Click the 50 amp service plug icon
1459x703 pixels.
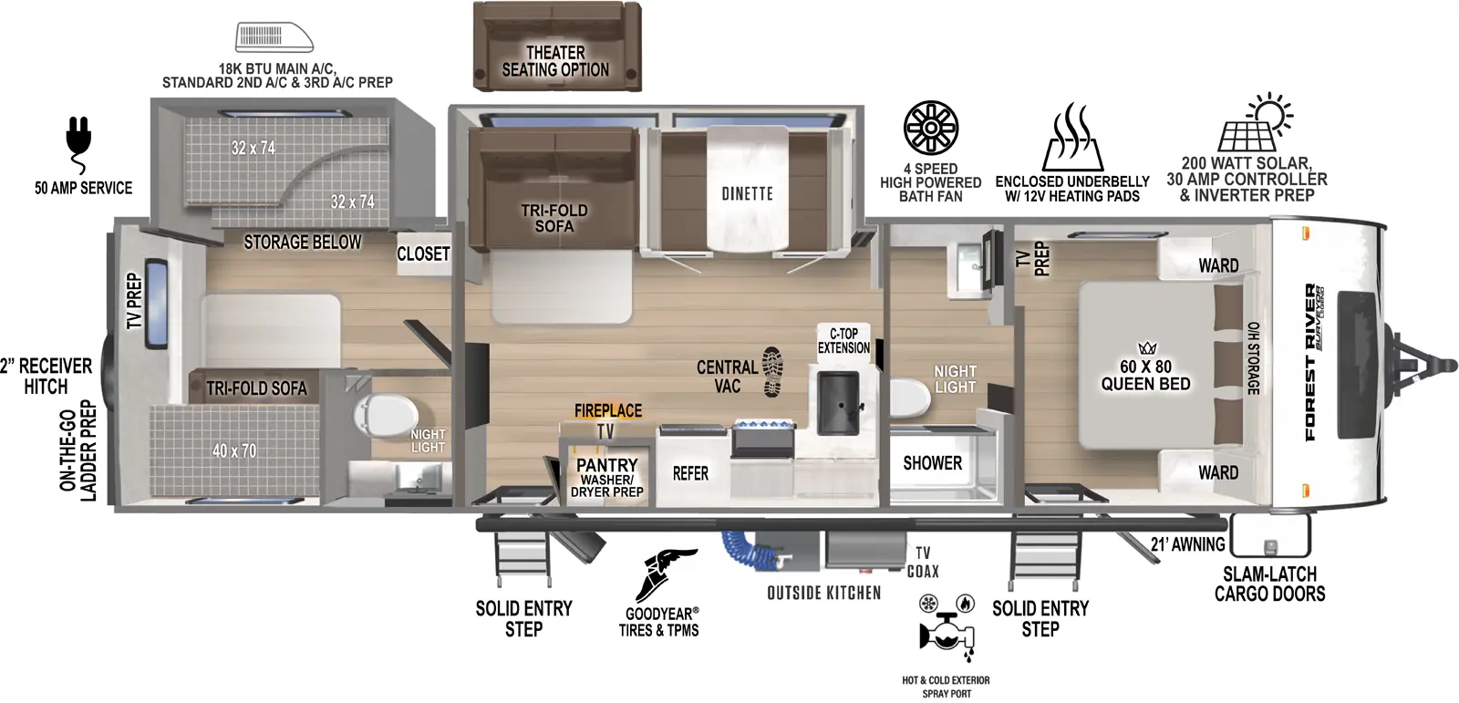click(x=78, y=143)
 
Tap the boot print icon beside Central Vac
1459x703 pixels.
click(x=772, y=372)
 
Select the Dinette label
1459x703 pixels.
click(x=747, y=193)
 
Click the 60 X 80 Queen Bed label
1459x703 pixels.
click(x=1145, y=375)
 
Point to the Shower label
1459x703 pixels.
click(x=932, y=463)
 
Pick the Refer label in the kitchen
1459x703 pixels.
click(x=690, y=473)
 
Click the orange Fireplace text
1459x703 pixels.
click(x=607, y=410)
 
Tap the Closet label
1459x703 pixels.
click(x=423, y=253)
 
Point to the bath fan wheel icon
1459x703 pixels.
click(x=931, y=128)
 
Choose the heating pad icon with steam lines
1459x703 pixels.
click(x=1072, y=138)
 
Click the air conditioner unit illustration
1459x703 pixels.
click(x=274, y=36)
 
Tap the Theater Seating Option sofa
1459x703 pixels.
click(x=557, y=46)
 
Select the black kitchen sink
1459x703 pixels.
click(x=838, y=403)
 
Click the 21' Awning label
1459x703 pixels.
click(x=1187, y=544)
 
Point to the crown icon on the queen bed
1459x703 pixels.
click(x=1146, y=348)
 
